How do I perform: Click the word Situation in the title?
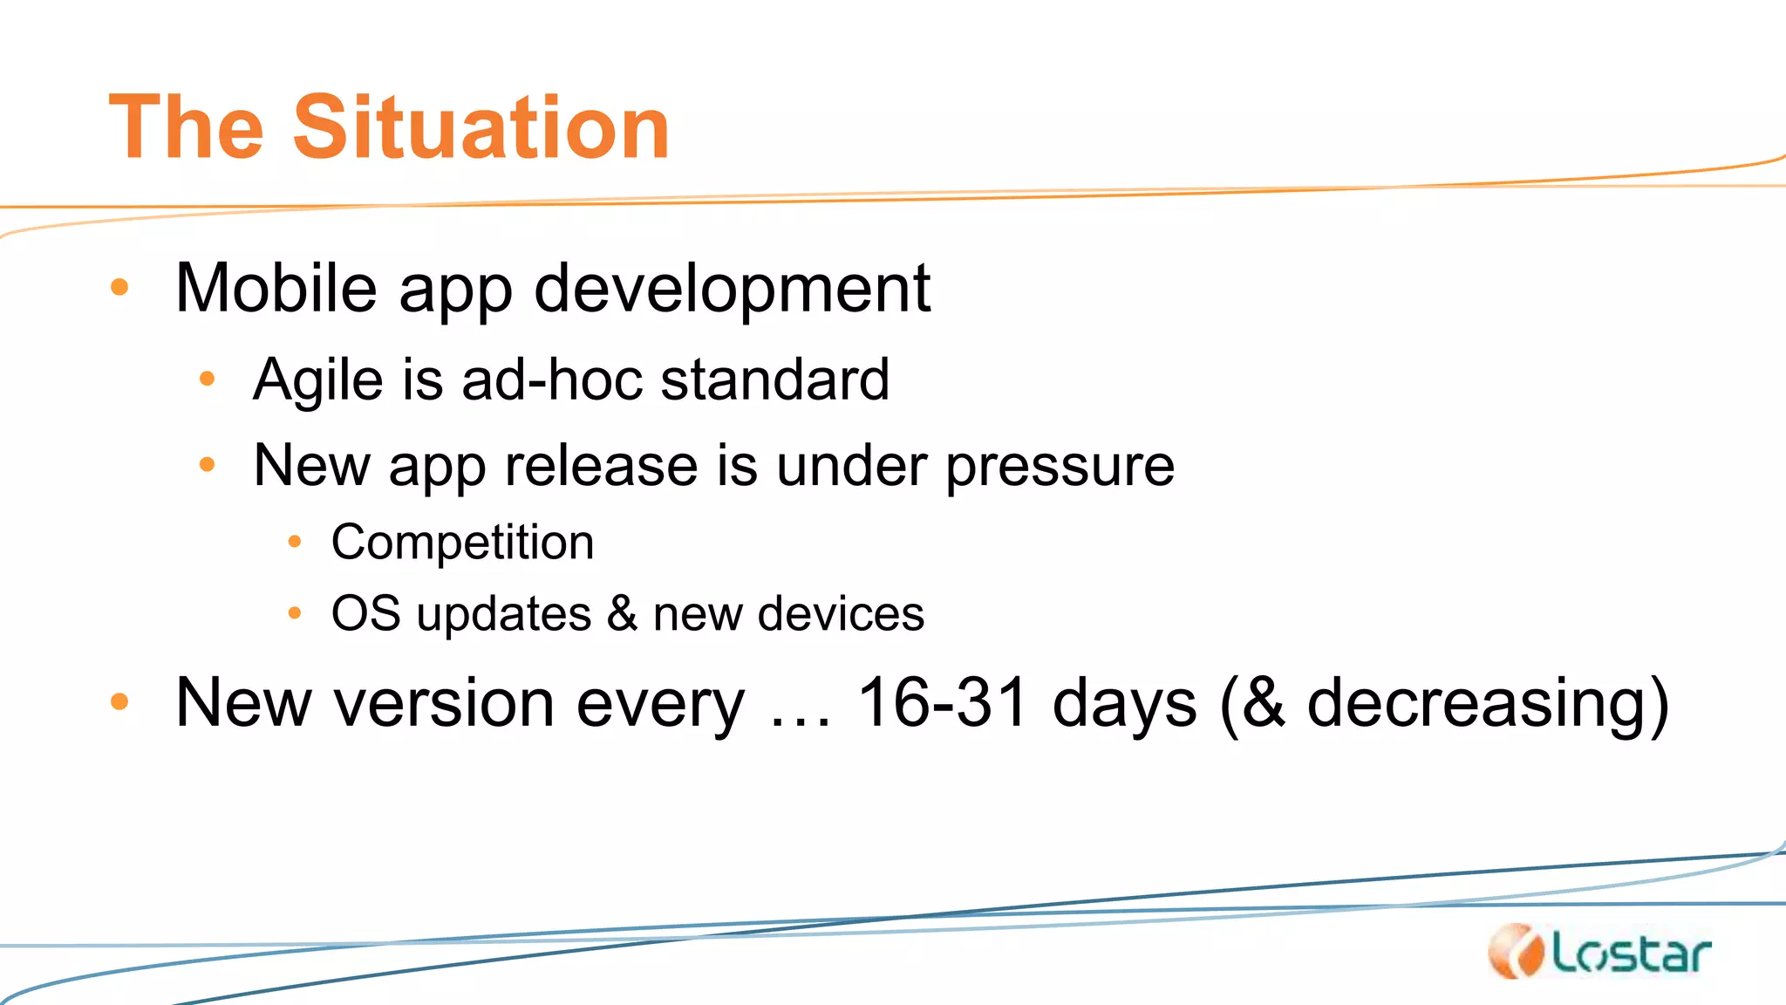481,127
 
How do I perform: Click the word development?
732,290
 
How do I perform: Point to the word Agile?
318,380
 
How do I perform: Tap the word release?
601,465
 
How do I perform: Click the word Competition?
462,543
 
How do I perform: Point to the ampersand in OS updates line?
622,613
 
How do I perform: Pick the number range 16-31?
942,702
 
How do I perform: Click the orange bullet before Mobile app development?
120,287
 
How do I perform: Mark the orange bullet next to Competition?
295,543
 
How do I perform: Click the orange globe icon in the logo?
1517,951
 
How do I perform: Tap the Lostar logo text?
1631,954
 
